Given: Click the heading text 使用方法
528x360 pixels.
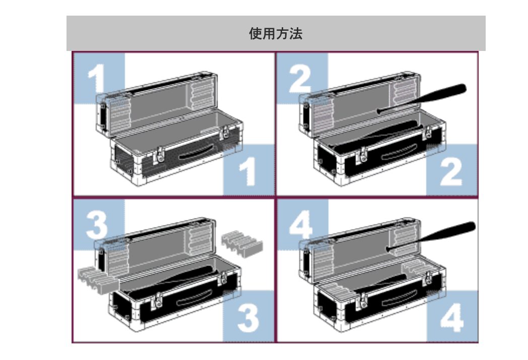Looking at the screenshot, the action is pos(276,34).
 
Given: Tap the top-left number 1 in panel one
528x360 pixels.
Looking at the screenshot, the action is pos(97,79).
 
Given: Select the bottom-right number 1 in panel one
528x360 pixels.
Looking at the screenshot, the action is pos(248,171).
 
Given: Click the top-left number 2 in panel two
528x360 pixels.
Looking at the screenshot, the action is pos(300,79).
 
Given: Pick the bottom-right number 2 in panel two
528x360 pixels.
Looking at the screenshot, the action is pos(451,171).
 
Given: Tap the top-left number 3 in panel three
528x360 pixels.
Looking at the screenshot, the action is pos(97,225).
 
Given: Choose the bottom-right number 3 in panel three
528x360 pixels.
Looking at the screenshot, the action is pos(248,318).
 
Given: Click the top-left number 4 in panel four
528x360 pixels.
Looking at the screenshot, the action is pos(301,225).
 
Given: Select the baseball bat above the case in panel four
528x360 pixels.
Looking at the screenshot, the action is pos(431,236).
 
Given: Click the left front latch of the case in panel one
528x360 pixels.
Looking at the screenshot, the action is pos(159,156).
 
